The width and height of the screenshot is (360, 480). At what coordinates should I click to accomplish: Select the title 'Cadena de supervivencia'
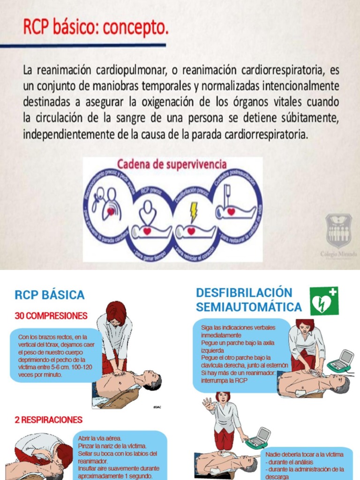172,165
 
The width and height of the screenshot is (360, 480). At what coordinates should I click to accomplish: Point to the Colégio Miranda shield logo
339,231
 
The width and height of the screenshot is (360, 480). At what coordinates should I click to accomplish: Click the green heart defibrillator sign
323,301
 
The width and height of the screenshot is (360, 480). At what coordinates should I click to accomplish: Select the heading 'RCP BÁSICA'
50,295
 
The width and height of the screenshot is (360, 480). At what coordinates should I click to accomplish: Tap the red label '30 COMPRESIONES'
51,316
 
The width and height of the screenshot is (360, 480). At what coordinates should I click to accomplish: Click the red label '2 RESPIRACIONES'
49,420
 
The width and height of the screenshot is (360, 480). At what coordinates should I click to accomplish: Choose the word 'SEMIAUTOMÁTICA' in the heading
249,307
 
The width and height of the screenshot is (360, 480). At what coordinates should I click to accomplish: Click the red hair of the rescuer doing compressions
116,310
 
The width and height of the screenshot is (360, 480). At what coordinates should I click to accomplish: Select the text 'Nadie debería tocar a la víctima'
304,454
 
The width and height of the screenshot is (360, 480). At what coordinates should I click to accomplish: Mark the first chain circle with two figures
107,204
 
